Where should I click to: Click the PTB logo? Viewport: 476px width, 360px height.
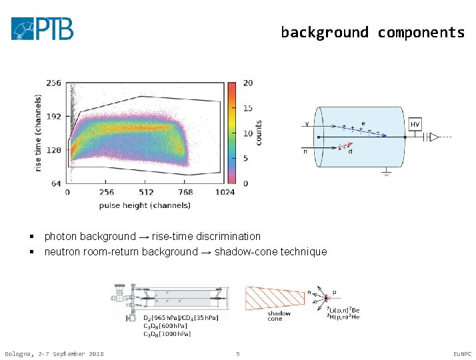point(42,29)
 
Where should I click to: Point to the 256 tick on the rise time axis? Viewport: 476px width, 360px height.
point(53,83)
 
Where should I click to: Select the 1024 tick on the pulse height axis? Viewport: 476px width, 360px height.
point(225,192)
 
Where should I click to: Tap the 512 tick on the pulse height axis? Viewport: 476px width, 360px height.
point(146,192)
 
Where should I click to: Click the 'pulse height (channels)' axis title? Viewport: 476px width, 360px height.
point(145,205)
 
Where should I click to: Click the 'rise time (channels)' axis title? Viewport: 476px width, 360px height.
point(38,133)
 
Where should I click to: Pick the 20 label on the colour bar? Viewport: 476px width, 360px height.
point(247,83)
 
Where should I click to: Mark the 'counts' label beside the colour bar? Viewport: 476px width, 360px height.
point(258,133)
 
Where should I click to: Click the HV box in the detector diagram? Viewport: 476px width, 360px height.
point(415,125)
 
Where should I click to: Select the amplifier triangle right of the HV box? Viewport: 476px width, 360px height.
point(434,137)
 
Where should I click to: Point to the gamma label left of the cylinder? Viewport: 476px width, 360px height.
point(307,124)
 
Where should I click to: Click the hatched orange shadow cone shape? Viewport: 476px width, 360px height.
point(273,297)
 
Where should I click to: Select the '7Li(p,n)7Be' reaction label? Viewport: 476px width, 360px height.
point(343,311)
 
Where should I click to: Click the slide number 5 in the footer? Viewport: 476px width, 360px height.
point(237,353)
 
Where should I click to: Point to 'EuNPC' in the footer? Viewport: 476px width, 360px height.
point(461,353)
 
